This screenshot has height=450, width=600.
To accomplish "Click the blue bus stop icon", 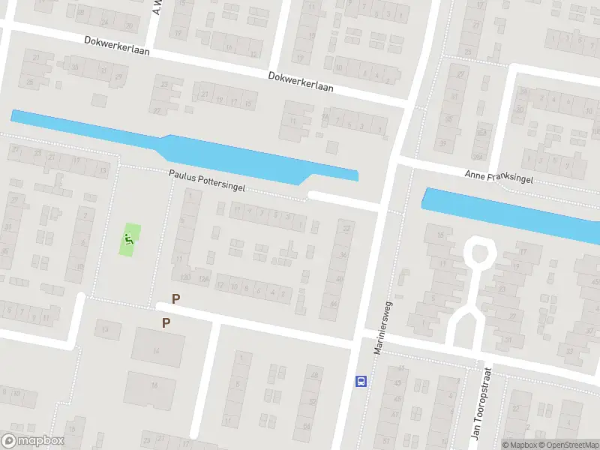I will point(361,380).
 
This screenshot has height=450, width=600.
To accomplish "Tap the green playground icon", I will point(130,240).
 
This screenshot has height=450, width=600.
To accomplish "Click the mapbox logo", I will point(33,441).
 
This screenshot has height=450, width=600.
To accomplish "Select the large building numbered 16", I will point(154,385).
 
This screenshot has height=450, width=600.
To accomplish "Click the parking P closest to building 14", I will point(166,323).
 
